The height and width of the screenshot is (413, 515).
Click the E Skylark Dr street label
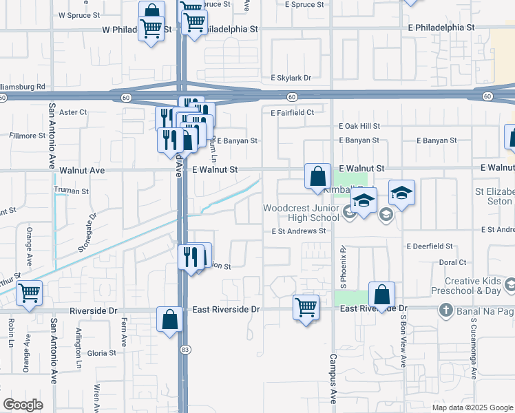pos(291,78)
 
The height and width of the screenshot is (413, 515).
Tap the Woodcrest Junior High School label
pos(302,213)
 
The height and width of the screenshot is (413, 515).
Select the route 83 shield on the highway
pos(185,350)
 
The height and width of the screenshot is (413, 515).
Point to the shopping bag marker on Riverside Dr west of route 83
pos(169,319)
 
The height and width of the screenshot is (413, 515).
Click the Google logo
pos(23,405)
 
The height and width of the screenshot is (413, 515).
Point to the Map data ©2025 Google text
pos(472,407)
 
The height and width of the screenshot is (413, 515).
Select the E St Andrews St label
pos(298,231)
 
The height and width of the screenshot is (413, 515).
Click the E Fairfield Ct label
pos(292,112)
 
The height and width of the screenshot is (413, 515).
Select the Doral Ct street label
pos(452,262)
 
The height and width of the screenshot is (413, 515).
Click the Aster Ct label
pos(73,112)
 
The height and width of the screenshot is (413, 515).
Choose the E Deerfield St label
pos(430,246)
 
